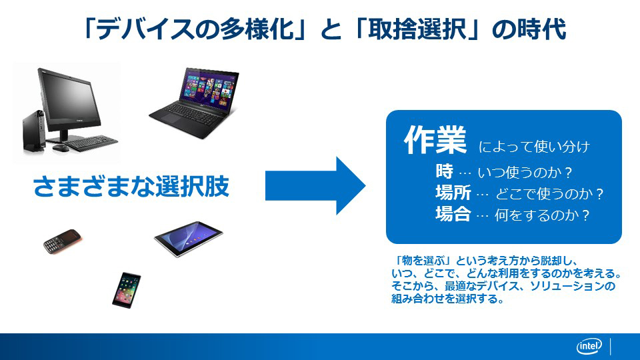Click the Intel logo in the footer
(589, 347)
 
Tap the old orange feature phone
(62, 241)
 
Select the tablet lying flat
(188, 239)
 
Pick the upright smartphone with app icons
(127, 290)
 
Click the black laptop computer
(194, 103)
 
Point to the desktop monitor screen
(68, 100)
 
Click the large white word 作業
(435, 140)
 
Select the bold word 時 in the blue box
(444, 171)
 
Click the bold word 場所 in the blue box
(453, 193)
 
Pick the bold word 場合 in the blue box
(453, 214)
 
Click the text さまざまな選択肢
(131, 186)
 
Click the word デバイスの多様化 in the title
(195, 29)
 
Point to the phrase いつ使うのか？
(525, 173)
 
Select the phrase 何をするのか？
(543, 215)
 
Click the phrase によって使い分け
(534, 147)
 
